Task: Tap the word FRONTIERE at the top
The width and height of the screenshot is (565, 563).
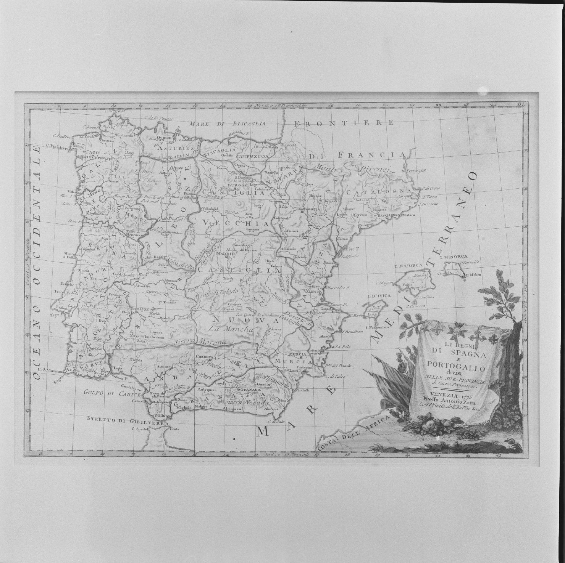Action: pyautogui.click(x=344, y=123)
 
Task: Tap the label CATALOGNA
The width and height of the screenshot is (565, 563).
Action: pyautogui.click(x=379, y=192)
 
